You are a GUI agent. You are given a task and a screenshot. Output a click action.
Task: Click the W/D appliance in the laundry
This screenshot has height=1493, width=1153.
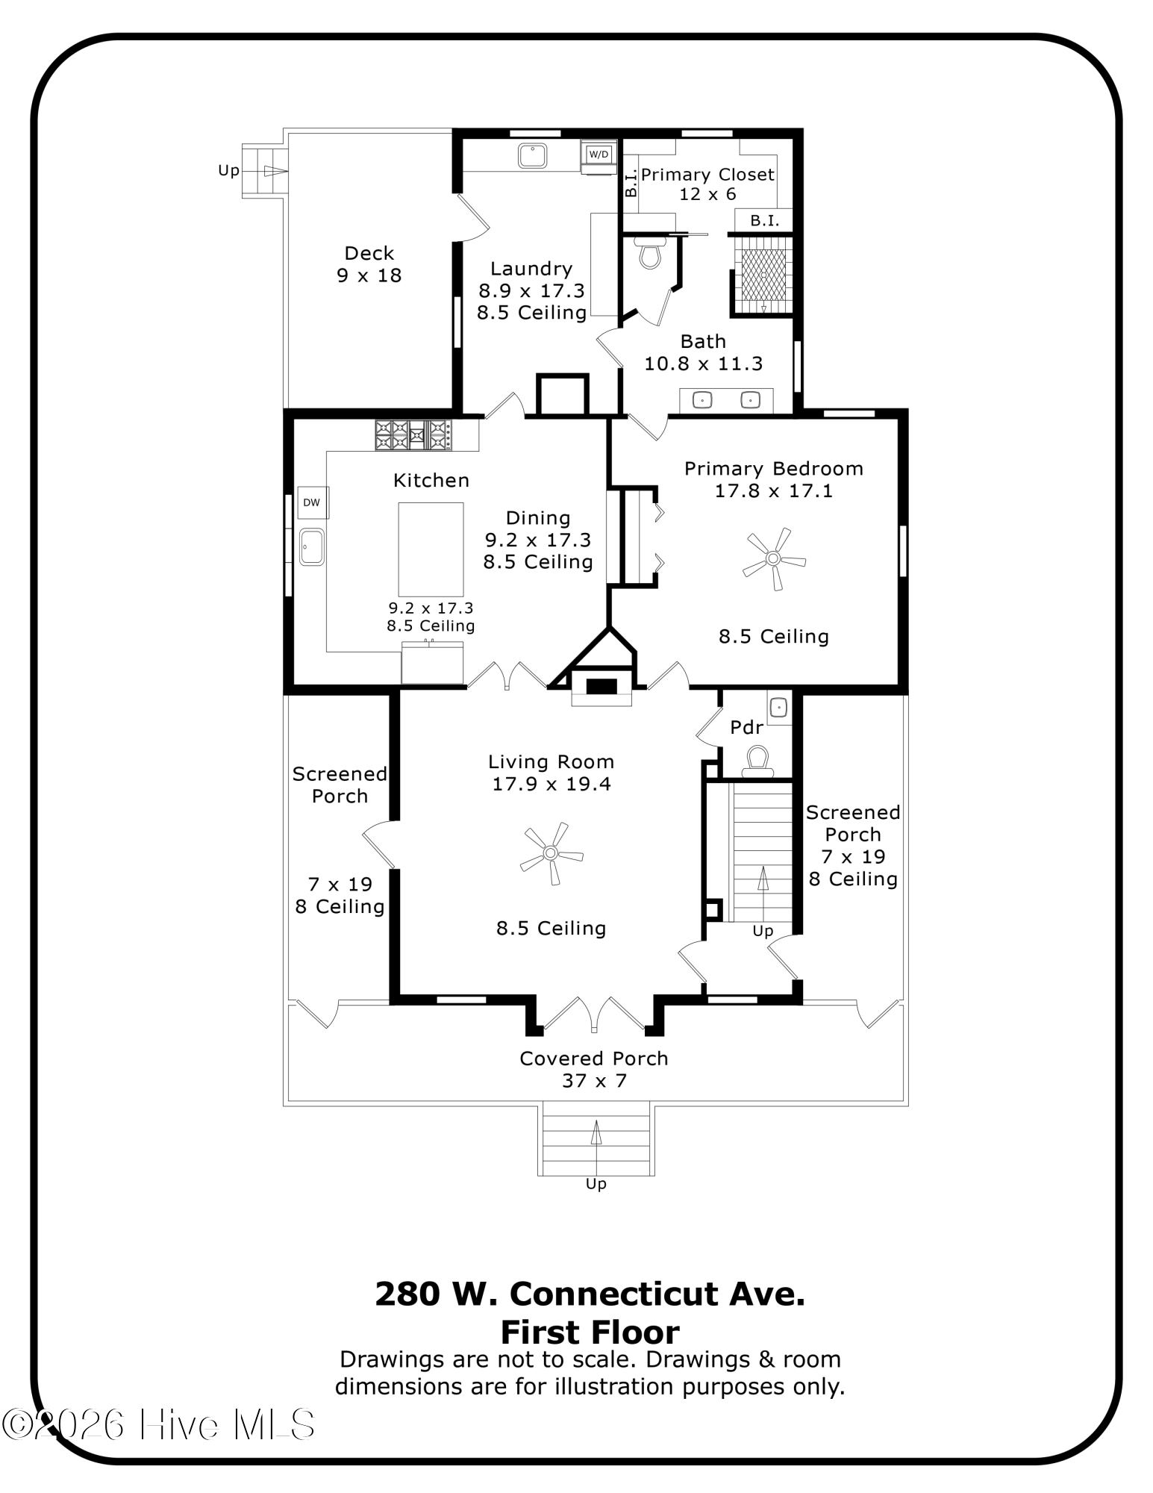tap(599, 155)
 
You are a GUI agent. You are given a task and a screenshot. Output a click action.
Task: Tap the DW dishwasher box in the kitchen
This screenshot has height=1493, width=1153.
tap(312, 502)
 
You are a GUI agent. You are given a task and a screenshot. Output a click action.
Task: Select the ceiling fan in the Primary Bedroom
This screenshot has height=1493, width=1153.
tap(773, 558)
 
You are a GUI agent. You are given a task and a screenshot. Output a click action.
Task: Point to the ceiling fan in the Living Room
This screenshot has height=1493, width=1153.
tap(551, 853)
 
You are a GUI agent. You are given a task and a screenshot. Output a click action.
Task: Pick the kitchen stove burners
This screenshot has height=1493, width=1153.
tap(413, 435)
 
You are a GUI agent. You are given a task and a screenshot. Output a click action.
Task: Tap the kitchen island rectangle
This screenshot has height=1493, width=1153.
tap(431, 549)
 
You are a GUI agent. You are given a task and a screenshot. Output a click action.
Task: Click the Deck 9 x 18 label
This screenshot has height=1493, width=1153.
tap(369, 264)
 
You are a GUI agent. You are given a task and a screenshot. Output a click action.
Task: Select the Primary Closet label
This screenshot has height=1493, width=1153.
tap(707, 175)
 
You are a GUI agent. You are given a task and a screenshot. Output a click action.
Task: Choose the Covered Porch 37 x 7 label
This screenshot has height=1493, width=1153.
tap(594, 1069)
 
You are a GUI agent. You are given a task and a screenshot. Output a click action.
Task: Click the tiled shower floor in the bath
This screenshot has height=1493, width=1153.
tap(763, 275)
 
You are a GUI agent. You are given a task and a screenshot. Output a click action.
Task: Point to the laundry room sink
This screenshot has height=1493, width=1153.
tap(532, 155)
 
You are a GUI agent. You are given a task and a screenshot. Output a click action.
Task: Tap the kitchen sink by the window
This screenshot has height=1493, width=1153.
tap(311, 546)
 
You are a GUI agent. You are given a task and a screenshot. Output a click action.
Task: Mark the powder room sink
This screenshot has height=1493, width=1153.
tap(779, 706)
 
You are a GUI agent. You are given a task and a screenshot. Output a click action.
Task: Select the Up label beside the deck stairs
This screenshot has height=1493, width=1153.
tap(228, 170)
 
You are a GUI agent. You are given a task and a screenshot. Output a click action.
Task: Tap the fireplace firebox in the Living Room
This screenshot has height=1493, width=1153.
tap(601, 687)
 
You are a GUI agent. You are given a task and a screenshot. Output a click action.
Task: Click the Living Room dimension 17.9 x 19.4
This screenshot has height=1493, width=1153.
tap(551, 784)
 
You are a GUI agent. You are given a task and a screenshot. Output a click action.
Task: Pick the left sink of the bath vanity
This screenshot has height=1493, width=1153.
tap(702, 401)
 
